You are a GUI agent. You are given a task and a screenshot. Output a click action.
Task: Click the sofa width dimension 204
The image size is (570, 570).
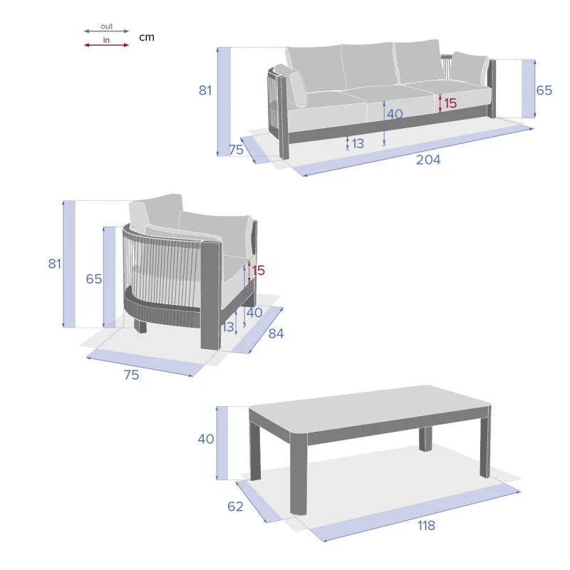tap(428, 160)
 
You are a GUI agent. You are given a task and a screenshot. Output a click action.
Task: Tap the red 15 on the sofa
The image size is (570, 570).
tap(450, 103)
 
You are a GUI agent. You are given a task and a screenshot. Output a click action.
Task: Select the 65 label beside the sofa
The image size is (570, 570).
tap(544, 90)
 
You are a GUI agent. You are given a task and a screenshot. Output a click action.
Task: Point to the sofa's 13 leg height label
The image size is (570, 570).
tap(358, 144)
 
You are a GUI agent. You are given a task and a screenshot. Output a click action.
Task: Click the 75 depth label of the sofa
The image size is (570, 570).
tap(236, 150)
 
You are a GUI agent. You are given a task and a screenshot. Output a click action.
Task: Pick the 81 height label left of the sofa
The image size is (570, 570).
tap(205, 90)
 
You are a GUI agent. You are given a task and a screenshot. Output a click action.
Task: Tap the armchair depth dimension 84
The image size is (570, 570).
tap(276, 333)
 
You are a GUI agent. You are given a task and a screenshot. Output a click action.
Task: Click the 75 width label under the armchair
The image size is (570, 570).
tap(131, 375)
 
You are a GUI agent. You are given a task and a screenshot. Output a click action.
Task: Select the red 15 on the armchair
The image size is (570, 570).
tap(259, 271)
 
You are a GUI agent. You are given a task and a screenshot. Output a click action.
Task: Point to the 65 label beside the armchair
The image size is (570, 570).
tap(94, 279)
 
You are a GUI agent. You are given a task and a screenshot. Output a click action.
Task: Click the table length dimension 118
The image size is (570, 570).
tap(426, 525)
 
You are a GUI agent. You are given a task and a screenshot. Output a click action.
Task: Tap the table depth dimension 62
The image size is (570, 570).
tap(235, 507)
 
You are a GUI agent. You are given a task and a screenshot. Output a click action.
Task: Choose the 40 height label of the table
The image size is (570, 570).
tap(206, 439)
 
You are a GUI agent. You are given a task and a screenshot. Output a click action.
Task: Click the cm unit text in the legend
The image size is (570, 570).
tap(147, 37)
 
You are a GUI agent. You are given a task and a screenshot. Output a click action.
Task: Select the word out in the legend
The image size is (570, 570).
tap(106, 26)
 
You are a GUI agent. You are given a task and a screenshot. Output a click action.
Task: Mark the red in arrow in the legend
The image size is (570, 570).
tap(106, 45)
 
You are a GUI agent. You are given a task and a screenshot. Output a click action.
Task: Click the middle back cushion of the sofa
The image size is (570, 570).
tap(370, 66)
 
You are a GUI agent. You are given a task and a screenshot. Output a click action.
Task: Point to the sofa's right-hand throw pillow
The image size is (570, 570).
tap(469, 69)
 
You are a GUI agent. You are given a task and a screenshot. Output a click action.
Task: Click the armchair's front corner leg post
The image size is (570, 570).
tap(210, 295)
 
